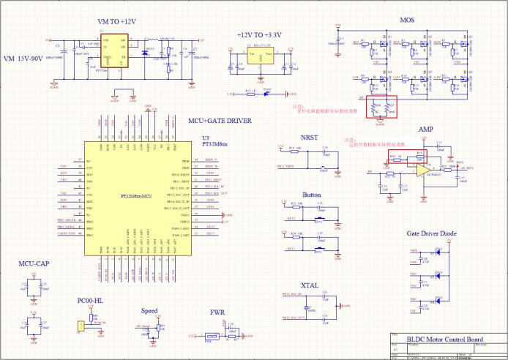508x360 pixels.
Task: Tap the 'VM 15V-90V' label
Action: coord(31,59)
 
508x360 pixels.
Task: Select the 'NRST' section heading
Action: coord(310,137)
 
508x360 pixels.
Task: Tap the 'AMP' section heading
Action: coord(425,129)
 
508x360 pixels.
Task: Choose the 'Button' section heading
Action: coord(311,195)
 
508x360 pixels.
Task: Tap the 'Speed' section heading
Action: coord(149,310)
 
